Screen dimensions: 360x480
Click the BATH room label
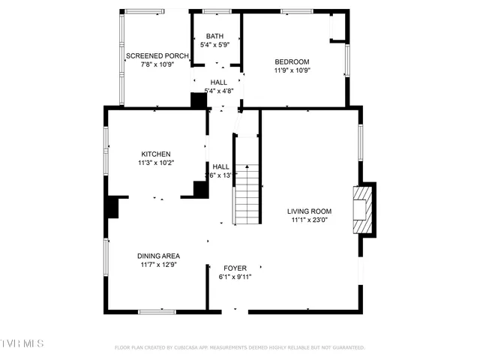tap(215, 36)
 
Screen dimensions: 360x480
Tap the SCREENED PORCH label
tap(157, 56)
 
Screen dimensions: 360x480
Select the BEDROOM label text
tap(292, 62)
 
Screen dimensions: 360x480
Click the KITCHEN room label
tap(155, 154)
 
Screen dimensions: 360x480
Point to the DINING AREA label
tap(158, 256)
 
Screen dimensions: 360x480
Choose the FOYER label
tap(235, 268)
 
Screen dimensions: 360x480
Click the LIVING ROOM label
tap(309, 211)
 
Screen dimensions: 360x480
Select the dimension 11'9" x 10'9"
tap(292, 70)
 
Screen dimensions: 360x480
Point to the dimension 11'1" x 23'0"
tap(309, 220)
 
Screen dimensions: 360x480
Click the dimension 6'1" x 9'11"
tap(235, 277)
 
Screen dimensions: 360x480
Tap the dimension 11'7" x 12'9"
tap(158, 265)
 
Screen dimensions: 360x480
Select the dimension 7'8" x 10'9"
tap(157, 64)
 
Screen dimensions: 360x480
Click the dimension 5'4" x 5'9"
tap(215, 45)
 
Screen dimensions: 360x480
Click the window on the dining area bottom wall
tap(157, 310)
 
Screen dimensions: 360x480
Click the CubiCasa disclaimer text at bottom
tap(239, 347)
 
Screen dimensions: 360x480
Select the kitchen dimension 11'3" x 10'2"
tap(155, 163)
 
